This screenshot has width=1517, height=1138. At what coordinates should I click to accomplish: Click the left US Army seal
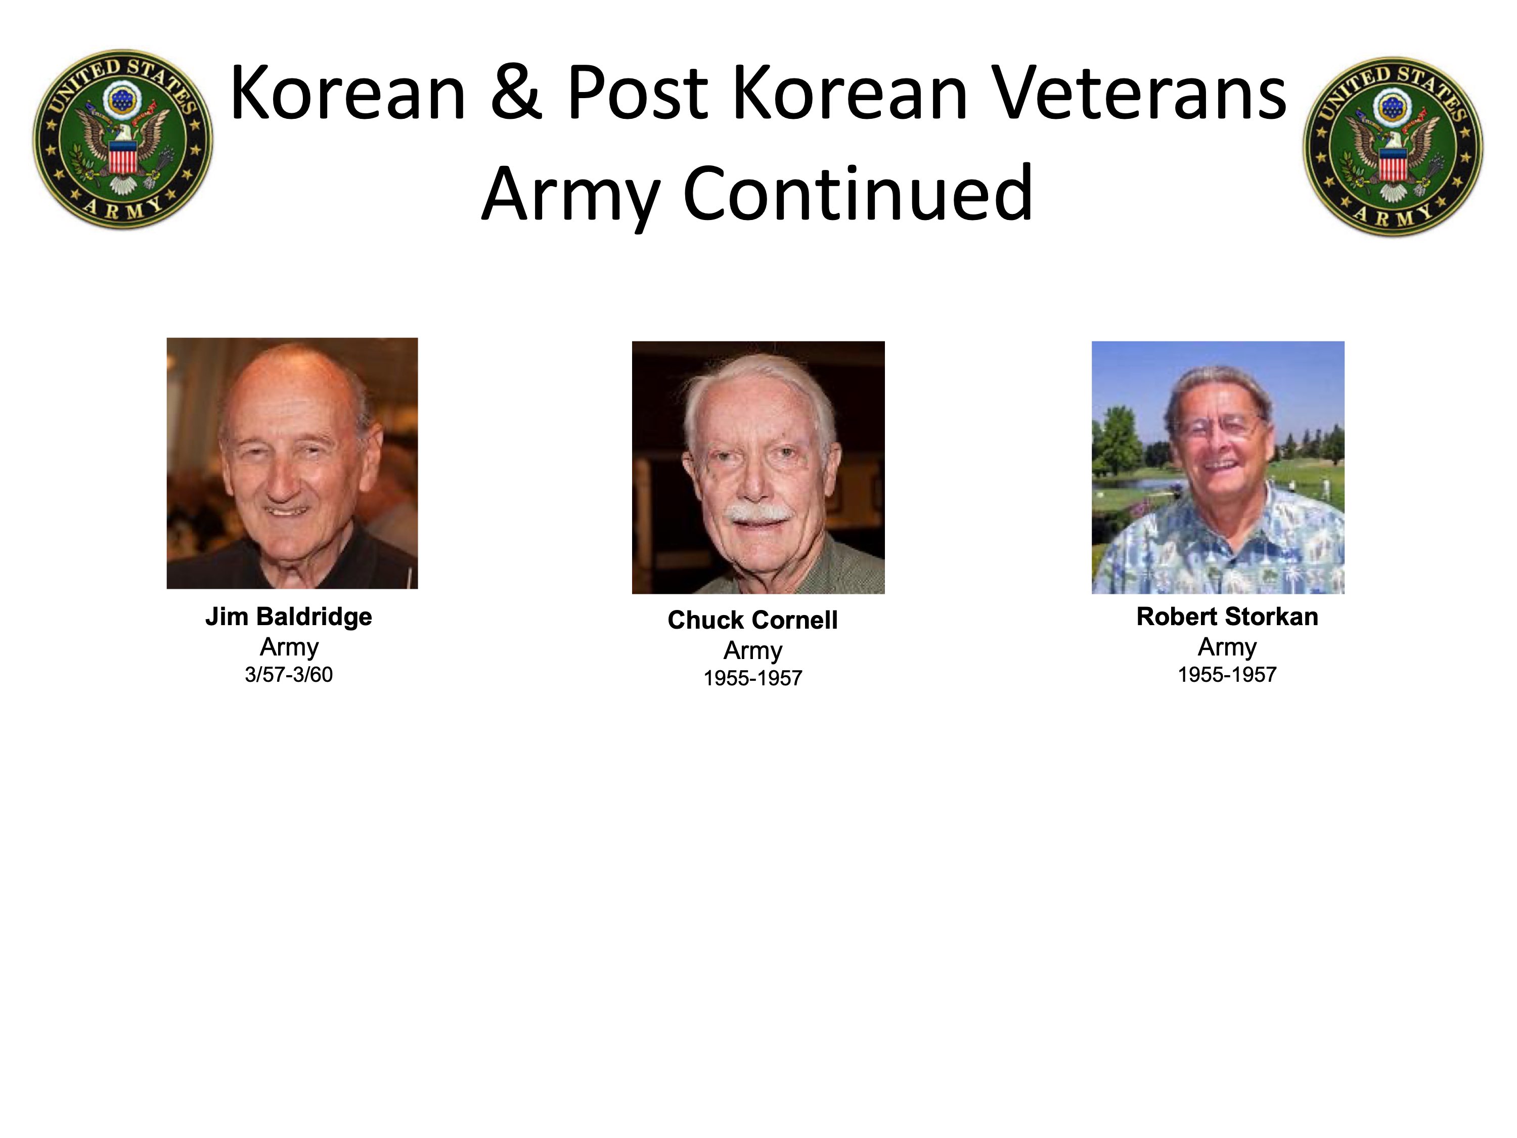click(x=123, y=139)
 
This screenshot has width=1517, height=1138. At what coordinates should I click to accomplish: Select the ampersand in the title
click(x=516, y=93)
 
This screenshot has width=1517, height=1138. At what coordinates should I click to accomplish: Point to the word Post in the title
click(x=637, y=93)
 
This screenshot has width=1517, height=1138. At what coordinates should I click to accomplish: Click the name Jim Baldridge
click(x=289, y=617)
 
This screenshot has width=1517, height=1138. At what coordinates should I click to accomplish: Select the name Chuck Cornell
click(x=753, y=620)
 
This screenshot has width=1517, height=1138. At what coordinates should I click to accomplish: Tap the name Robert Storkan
click(x=1227, y=617)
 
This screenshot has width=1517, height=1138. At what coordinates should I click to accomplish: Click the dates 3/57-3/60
click(x=289, y=675)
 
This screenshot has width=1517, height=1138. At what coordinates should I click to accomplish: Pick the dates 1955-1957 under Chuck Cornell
click(x=753, y=678)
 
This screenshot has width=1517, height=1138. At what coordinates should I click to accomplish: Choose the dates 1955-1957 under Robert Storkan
click(x=1227, y=675)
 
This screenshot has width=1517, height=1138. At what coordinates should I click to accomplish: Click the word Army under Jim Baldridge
click(x=289, y=647)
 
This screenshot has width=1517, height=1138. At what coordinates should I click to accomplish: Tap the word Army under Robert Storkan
click(x=1227, y=647)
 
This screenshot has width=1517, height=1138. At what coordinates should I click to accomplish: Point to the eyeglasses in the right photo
click(x=1219, y=428)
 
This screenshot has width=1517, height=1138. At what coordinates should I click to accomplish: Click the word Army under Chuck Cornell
click(x=753, y=650)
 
